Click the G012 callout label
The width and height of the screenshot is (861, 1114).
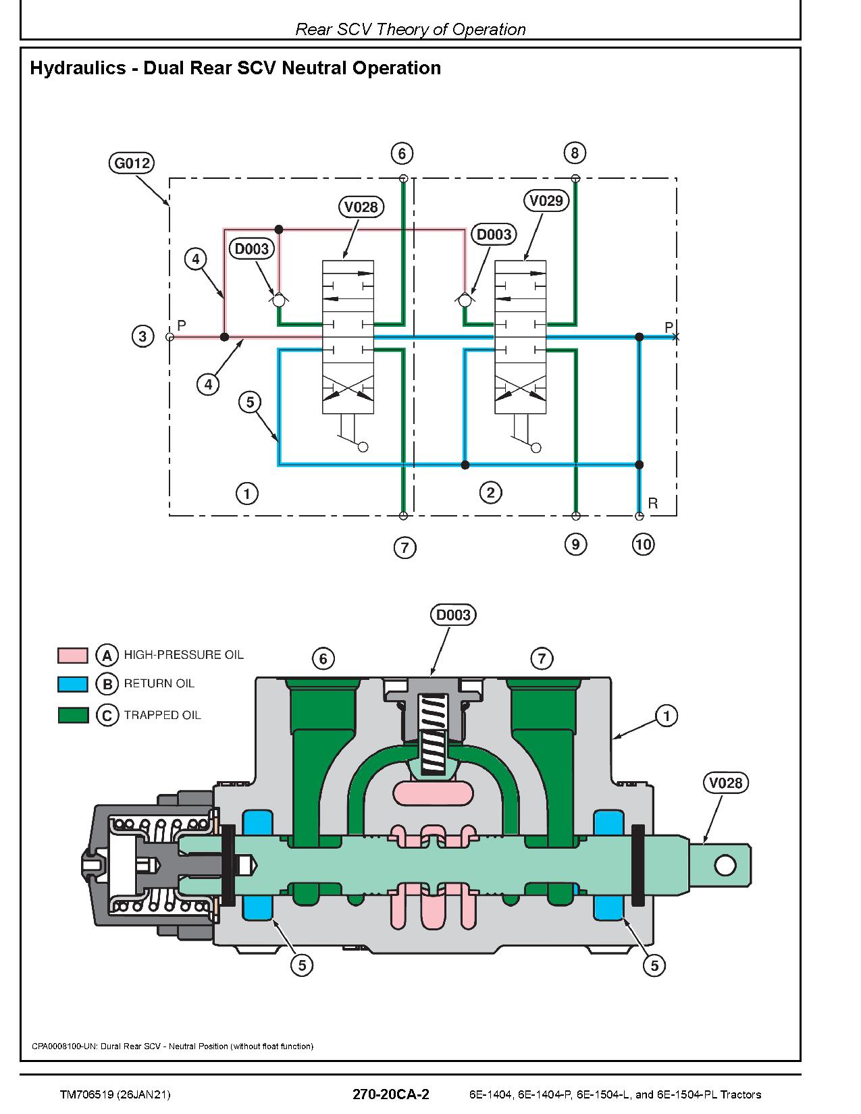[x=132, y=163]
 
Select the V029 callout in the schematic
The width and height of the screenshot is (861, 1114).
[x=546, y=201]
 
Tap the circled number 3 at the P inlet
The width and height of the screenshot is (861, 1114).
[x=142, y=337]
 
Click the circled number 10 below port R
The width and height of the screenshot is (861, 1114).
[x=643, y=544]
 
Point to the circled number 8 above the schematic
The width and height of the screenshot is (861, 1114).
[x=575, y=153]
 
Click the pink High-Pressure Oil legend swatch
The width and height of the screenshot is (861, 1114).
[x=73, y=655]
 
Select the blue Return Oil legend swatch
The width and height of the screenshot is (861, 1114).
[x=73, y=685]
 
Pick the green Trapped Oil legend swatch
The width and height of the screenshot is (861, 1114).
[x=73, y=715]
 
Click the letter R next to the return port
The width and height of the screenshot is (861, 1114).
[x=653, y=503]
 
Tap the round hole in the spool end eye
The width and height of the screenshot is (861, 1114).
[x=725, y=866]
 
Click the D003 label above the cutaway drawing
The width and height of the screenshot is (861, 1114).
[x=453, y=614]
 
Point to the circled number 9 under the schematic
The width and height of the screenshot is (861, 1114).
[x=575, y=544]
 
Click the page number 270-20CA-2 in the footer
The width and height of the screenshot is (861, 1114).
[x=391, y=1094]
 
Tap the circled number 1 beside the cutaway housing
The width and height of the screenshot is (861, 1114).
[x=667, y=716]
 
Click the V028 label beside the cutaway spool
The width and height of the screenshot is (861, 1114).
[x=726, y=783]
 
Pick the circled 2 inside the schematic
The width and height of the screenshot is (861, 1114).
[x=491, y=493]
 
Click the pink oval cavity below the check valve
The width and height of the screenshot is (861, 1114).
[x=434, y=794]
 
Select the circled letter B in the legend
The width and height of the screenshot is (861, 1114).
[x=107, y=685]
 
